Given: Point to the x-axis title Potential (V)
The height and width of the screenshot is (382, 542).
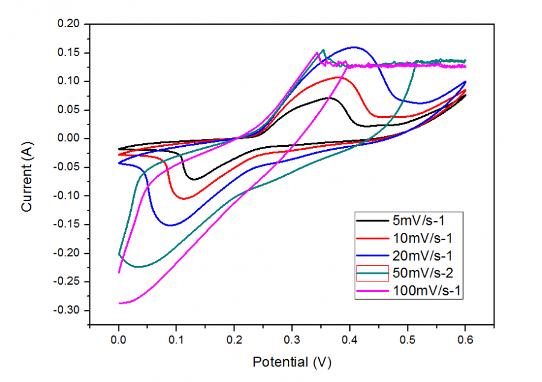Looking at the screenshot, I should tap(292, 362).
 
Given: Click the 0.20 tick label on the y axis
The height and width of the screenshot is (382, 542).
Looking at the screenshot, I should tap(67, 24).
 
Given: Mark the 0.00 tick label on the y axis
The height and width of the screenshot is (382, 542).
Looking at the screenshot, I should tap(67, 138).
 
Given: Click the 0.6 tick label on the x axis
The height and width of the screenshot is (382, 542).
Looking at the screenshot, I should tap(465, 340).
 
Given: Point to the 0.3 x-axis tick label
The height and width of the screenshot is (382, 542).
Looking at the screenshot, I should tap(292, 340).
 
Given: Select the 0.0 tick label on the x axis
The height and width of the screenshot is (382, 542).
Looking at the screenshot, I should tap(119, 340).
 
